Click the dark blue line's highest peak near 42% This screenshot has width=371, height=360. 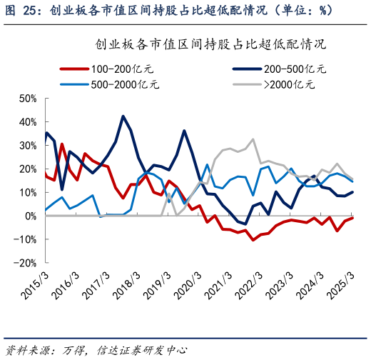(x=123, y=116)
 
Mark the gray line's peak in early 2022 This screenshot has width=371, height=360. (x=253, y=139)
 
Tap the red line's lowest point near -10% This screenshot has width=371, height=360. (x=253, y=239)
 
